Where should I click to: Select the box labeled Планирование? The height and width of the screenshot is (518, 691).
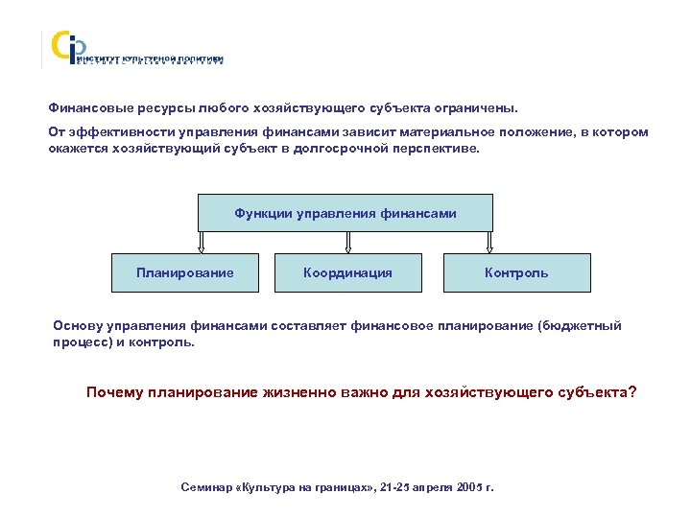(185, 272)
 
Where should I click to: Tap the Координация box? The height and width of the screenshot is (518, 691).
(347, 272)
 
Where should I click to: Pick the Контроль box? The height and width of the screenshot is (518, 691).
(516, 272)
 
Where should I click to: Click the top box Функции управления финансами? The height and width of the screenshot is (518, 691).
(345, 213)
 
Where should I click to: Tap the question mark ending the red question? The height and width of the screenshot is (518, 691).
(631, 393)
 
